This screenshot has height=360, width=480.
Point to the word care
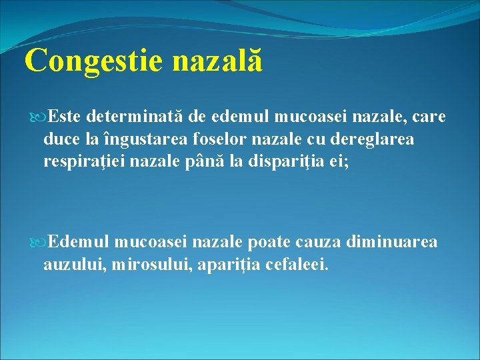pyautogui.click(x=429, y=118)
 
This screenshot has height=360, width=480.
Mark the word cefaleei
pyautogui.click(x=297, y=264)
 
